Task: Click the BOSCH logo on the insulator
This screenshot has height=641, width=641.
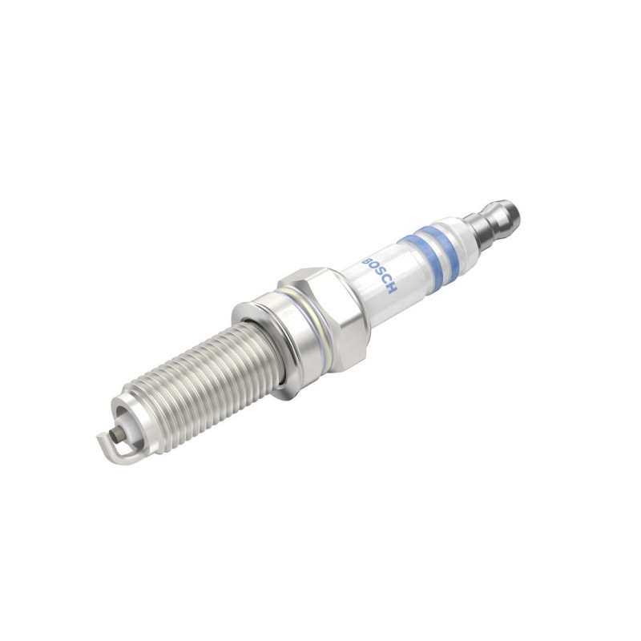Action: click(379, 276)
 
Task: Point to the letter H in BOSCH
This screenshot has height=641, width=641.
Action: click(392, 289)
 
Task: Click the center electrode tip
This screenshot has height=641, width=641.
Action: click(119, 433)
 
